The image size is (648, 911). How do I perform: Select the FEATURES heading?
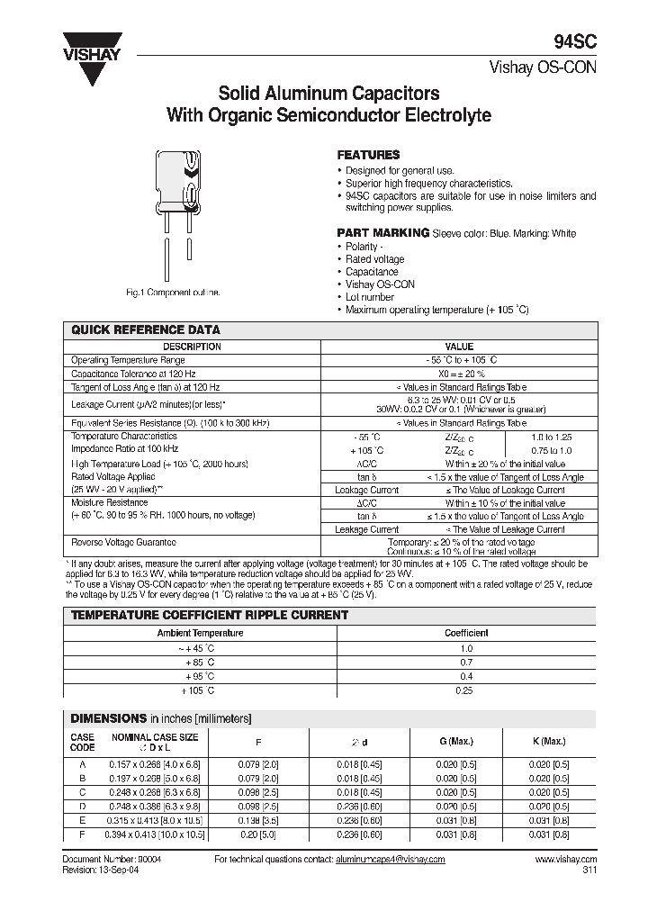click(368, 155)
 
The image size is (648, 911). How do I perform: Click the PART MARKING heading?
click(382, 232)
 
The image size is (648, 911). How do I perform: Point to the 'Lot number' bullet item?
click(370, 296)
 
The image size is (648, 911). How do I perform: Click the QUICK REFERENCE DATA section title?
click(145, 330)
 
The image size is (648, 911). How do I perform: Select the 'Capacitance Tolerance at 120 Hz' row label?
click(133, 373)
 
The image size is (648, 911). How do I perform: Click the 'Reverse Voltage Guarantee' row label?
click(123, 542)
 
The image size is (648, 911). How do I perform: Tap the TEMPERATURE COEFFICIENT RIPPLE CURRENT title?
click(209, 615)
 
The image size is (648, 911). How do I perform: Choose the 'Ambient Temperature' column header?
click(200, 633)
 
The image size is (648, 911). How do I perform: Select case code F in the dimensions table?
click(82, 834)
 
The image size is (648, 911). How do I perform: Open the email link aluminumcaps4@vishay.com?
click(393, 860)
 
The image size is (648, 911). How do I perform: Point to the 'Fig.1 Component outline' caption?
click(172, 293)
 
